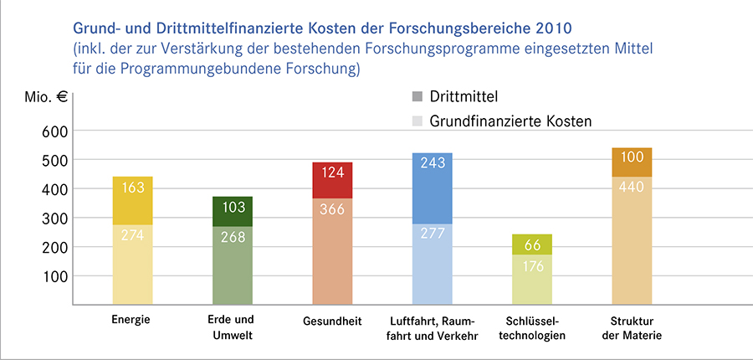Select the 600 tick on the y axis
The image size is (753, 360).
(53, 131)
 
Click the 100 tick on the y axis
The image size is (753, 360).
(53, 275)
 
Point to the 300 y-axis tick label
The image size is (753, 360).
(53, 218)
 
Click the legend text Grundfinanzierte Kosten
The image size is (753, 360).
(510, 121)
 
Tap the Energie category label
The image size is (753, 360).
(132, 320)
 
